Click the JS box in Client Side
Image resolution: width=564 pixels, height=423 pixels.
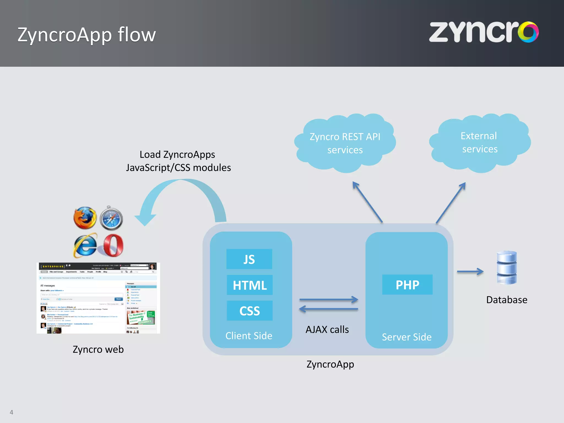249,259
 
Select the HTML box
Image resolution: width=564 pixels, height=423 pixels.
250,285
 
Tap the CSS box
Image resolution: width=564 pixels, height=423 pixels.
250,311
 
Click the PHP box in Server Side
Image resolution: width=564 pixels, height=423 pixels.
407,285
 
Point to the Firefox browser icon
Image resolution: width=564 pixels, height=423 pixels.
85,218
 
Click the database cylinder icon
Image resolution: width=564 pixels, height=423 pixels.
506,267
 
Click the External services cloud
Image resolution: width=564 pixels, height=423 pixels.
479,143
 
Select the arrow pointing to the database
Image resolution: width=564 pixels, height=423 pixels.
470,272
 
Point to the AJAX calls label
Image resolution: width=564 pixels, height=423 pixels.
327,329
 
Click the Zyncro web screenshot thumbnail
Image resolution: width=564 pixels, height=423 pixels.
98,298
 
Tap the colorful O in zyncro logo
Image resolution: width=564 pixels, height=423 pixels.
528,32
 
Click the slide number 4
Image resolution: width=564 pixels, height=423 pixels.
11,412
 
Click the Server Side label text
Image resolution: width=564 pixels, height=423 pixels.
406,337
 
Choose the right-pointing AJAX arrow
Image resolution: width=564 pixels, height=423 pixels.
329,299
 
